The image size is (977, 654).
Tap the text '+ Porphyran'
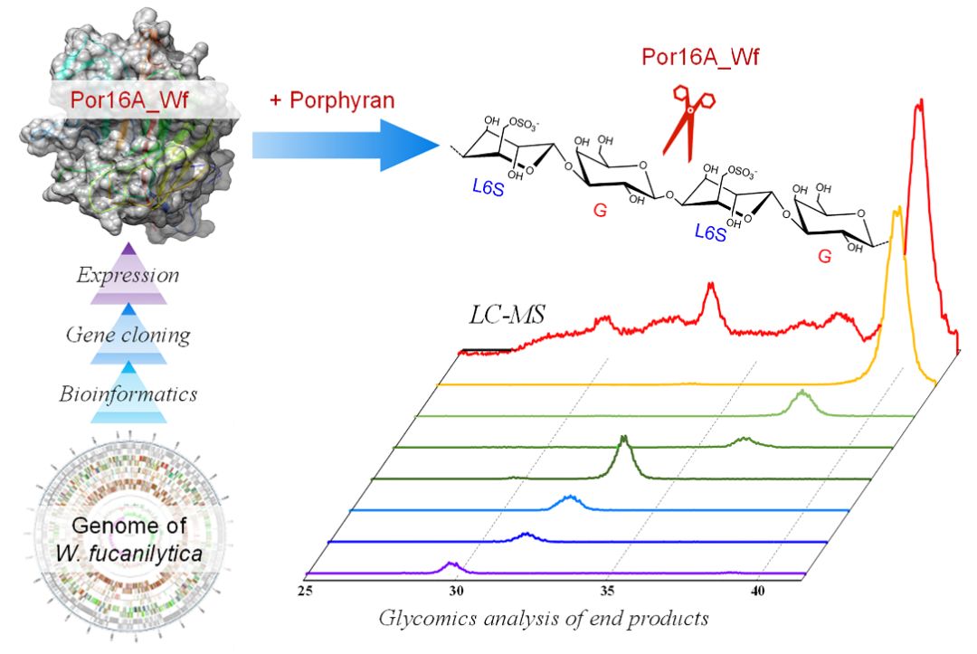332,100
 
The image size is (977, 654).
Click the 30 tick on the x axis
457,591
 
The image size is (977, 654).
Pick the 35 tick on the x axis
609,591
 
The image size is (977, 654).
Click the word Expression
128,275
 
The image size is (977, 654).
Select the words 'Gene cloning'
128,336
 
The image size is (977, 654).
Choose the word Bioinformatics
128,394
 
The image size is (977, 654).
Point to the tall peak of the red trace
920,105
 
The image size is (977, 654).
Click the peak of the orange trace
896,212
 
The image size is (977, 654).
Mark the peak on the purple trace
452,564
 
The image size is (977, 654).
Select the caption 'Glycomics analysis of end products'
543,620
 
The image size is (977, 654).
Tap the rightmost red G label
824,256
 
